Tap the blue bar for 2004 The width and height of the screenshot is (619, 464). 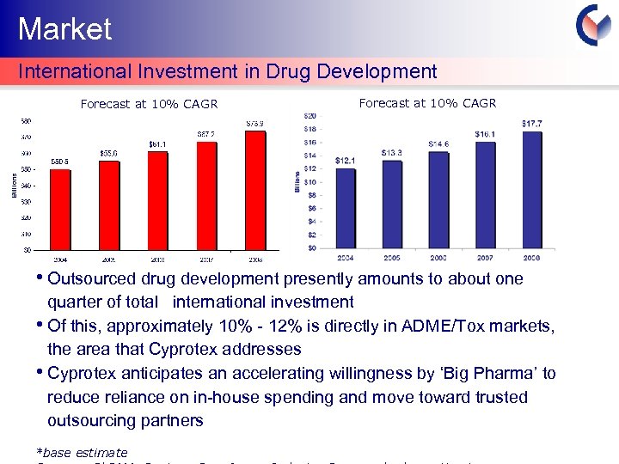pos(346,208)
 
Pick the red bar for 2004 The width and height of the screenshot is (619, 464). pos(59,210)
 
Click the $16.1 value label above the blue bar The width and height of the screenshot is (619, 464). pos(486,134)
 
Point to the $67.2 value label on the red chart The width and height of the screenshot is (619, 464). pos(206,133)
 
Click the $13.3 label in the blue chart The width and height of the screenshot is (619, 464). pos(392,153)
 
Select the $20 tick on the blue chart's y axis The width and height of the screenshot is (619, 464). pos(309,115)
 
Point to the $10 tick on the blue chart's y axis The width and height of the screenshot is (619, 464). pos(309,182)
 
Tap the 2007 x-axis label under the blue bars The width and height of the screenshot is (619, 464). pos(485,257)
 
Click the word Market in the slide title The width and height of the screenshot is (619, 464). pos(65,29)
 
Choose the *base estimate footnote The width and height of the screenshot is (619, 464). pos(82,452)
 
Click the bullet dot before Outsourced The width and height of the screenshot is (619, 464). pos(41,278)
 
